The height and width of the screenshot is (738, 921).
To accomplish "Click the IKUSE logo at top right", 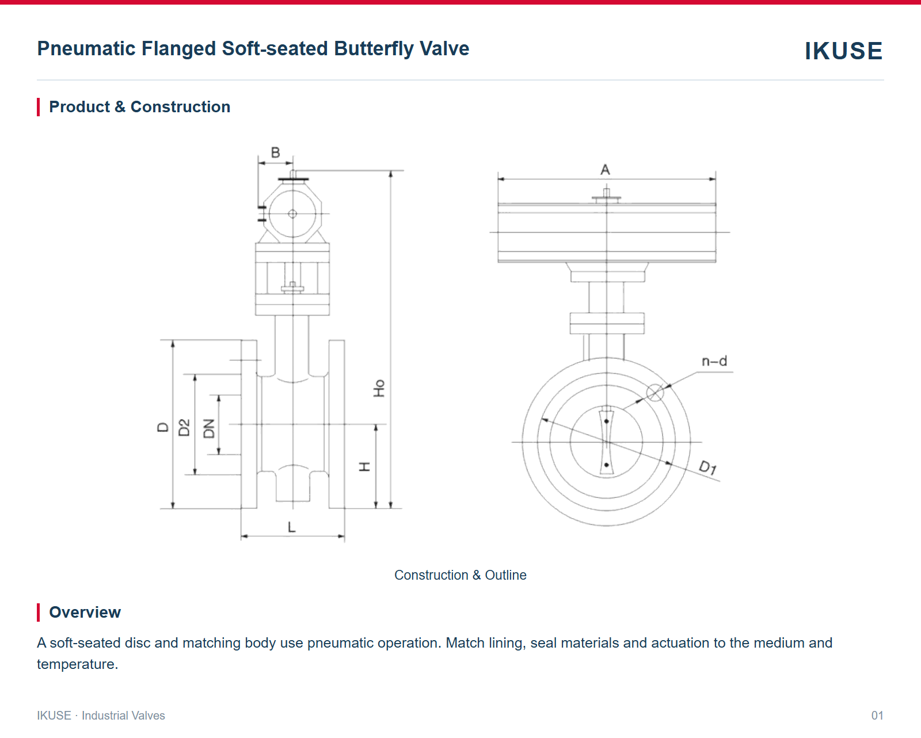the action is [843, 51].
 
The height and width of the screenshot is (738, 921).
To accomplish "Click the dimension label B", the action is [276, 153].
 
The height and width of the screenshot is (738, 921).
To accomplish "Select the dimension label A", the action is [605, 170].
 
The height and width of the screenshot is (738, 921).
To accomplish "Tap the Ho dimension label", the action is [379, 388].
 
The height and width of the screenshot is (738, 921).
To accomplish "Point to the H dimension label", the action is [364, 467].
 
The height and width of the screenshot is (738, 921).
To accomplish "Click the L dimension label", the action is [292, 527].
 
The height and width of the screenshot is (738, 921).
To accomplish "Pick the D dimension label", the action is [163, 427].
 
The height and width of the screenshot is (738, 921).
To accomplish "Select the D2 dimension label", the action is [184, 428].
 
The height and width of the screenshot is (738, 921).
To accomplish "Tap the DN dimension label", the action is [208, 428].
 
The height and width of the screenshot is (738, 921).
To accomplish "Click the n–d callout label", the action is [714, 362].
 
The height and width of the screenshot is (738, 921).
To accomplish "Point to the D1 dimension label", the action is [708, 467].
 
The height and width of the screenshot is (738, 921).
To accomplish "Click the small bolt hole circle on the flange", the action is [655, 393].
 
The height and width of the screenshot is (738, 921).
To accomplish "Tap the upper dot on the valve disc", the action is [607, 421].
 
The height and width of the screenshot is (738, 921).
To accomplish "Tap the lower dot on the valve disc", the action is [607, 465].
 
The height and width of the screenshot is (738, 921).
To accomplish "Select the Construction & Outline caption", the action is [461, 575].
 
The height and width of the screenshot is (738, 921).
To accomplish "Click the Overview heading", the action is [85, 612].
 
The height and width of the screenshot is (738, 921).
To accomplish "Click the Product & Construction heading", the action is [140, 106].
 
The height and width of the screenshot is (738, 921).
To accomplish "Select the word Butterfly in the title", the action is [374, 48].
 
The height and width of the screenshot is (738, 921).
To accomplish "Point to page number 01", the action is [877, 716].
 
